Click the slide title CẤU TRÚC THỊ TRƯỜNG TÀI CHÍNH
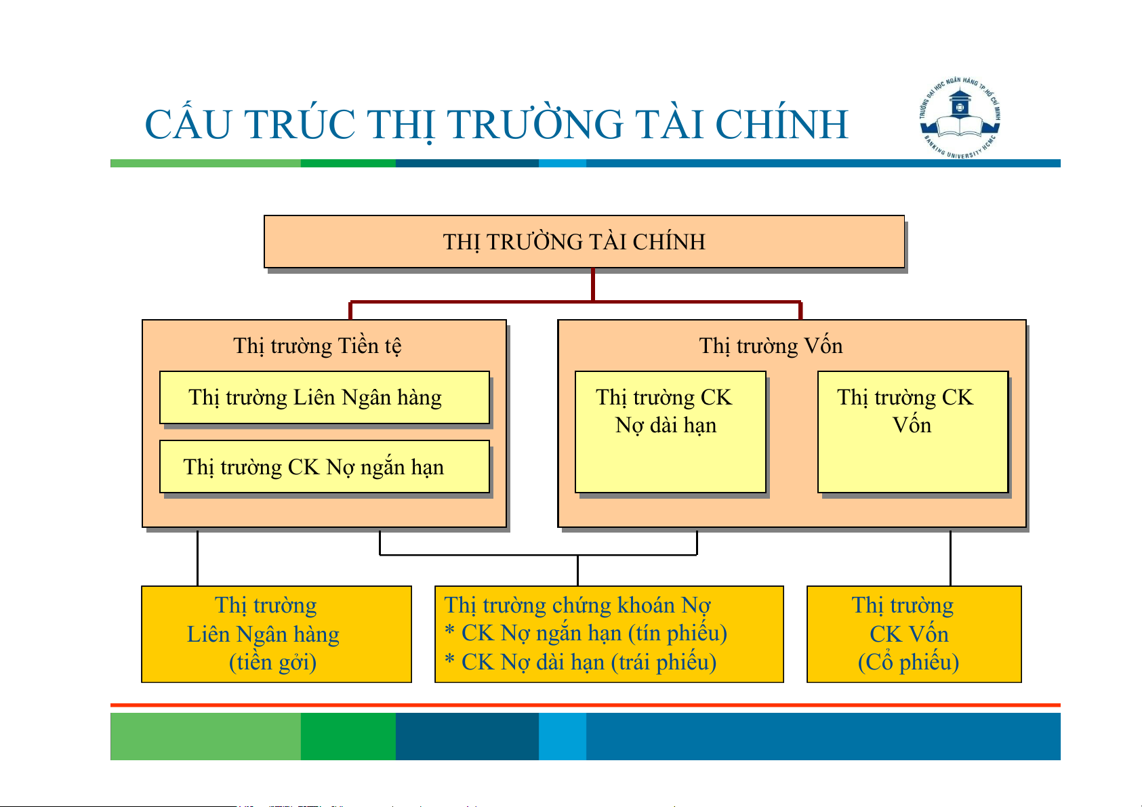click(496, 125)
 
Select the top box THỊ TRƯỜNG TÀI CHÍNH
click(584, 242)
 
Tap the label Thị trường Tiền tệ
click(317, 346)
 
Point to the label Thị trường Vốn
click(771, 346)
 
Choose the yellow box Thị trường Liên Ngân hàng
click(324, 398)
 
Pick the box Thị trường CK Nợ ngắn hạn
click(324, 467)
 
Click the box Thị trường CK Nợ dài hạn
click(670, 432)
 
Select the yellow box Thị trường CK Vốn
click(912, 432)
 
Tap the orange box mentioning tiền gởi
click(276, 634)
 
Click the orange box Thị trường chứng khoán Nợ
click(609, 634)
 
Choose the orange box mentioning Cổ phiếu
click(913, 634)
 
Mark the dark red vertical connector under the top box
click(593, 285)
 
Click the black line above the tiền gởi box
click(197, 558)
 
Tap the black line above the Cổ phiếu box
click(950, 558)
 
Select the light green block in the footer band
click(205, 737)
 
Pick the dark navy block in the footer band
click(467, 737)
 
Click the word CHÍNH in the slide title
click(781, 125)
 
